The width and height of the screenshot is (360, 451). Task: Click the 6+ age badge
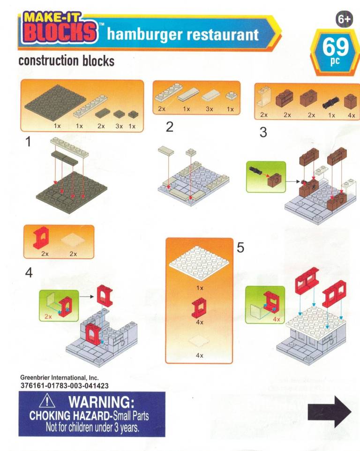coord(344,19)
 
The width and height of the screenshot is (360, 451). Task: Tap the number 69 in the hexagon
coord(335,46)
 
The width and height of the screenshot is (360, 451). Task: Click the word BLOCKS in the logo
coord(60,32)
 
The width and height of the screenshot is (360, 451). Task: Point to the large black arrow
coord(330,412)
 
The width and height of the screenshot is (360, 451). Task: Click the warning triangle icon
coord(47,401)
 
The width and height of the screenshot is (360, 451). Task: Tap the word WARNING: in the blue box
coord(102,402)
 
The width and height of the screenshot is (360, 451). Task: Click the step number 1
coord(28,142)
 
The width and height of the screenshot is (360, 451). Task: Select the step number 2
coord(170,127)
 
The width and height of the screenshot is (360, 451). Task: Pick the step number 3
coord(263,132)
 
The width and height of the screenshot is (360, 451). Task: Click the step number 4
coord(29,272)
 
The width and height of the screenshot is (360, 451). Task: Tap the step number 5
coord(240,248)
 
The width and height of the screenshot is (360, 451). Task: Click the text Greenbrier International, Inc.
coord(59,378)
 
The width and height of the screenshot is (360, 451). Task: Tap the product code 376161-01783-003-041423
coord(64,386)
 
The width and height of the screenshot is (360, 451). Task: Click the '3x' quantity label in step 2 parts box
coord(210,109)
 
